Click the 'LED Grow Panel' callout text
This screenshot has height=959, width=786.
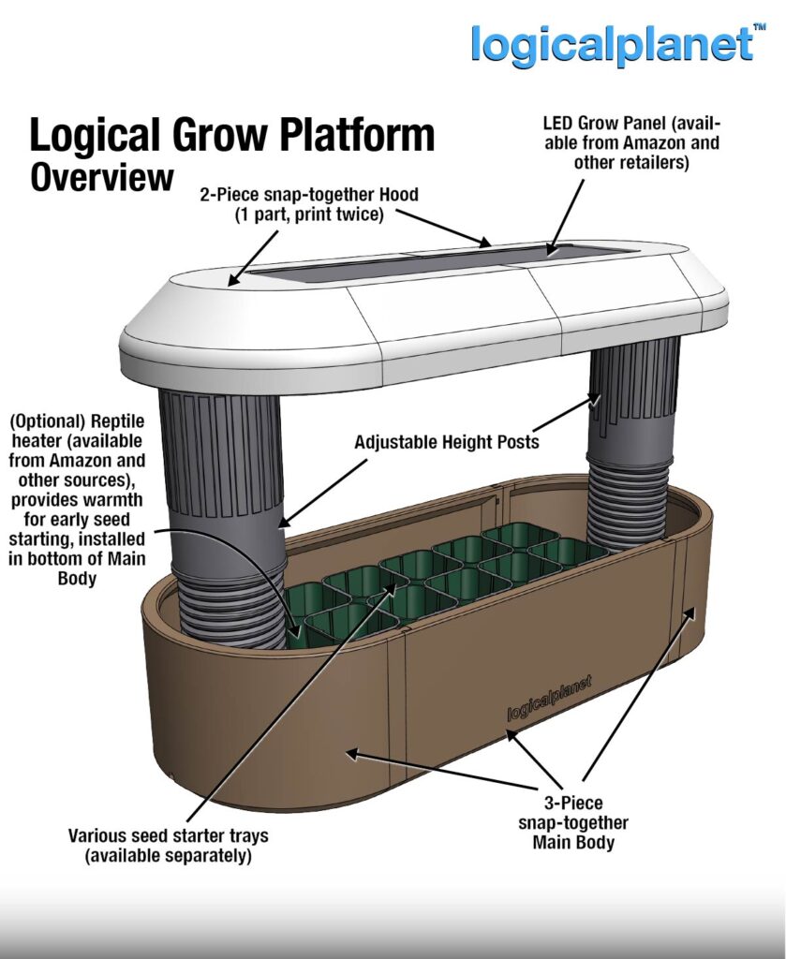pos(630,143)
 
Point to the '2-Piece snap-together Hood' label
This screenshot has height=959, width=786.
pos(308,195)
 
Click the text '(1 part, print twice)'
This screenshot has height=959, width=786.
pos(308,214)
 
